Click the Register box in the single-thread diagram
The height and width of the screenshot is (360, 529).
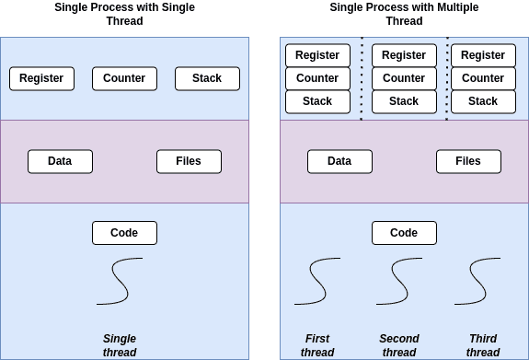tap(41, 78)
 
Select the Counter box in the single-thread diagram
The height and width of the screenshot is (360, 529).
tap(124, 78)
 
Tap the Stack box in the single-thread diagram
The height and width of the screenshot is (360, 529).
tap(207, 78)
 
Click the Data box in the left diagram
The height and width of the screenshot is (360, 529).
tap(60, 161)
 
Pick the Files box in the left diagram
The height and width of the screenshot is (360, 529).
tap(189, 161)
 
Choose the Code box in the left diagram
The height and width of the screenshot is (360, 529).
tap(124, 233)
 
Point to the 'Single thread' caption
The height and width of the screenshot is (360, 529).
tap(120, 345)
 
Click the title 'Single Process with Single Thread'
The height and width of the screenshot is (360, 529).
tap(124, 14)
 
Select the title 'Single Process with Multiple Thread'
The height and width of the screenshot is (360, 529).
tap(404, 14)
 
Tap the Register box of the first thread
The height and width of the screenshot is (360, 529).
tap(317, 55)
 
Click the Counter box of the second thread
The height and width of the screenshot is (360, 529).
tap(404, 78)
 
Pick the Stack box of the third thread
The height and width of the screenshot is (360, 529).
tap(483, 101)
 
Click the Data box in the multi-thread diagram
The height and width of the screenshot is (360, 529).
tap(339, 161)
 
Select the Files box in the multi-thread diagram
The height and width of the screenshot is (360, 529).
tap(468, 161)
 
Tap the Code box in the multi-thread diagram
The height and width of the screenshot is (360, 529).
tap(404, 233)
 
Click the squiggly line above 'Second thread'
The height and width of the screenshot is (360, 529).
tap(405, 281)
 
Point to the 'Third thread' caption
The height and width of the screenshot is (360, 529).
tap(483, 345)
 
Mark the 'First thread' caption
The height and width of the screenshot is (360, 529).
tap(316, 345)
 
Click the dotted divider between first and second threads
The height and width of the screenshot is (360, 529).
tap(362, 78)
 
